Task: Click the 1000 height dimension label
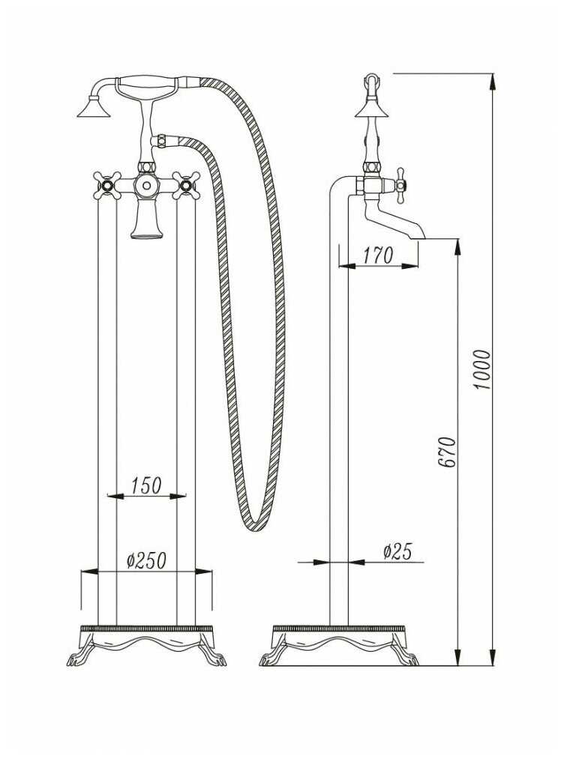482,370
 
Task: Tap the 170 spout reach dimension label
378,255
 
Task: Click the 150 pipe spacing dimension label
145,485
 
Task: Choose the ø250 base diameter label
147,560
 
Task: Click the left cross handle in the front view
106,185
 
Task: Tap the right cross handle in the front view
186,185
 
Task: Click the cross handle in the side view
400,186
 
